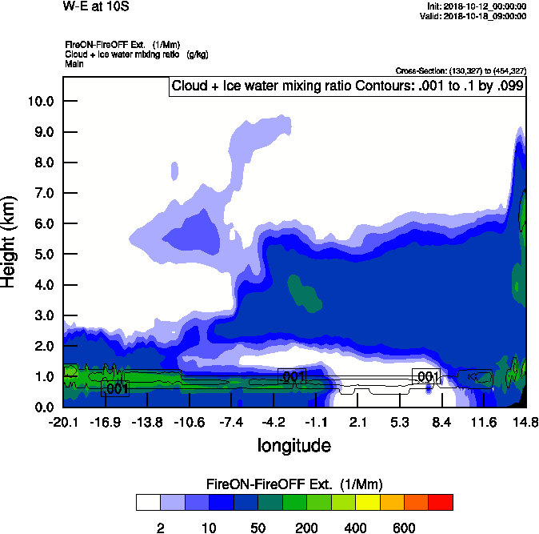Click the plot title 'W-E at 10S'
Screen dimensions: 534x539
point(95,7)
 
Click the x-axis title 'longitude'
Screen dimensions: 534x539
point(293,444)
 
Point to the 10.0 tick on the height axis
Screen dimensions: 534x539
point(41,101)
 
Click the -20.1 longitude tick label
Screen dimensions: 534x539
point(63,421)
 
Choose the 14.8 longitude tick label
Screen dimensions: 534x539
point(525,421)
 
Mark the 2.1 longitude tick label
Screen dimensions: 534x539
point(357,421)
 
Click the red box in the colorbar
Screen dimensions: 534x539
point(441,502)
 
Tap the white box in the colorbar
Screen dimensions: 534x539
point(149,502)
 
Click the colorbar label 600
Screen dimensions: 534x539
point(404,528)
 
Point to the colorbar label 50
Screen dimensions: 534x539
point(258,528)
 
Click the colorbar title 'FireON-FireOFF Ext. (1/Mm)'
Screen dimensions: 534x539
point(294,484)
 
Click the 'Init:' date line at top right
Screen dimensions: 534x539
point(477,6)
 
